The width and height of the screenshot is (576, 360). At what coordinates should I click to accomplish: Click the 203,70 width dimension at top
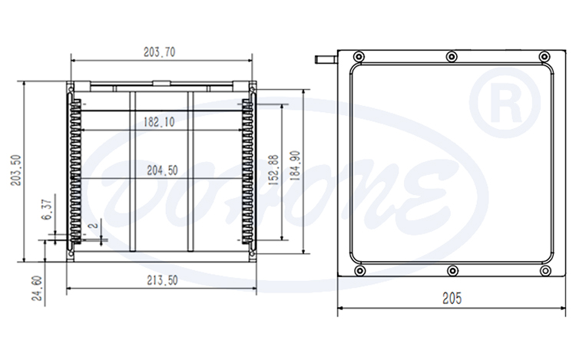(x=160, y=52)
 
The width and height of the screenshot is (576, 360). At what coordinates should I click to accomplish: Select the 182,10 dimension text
(x=159, y=121)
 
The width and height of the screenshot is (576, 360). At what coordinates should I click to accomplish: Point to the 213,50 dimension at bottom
(x=161, y=281)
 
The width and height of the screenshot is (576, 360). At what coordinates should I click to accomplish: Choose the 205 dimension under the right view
(x=452, y=299)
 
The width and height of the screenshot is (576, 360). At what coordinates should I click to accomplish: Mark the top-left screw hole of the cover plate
(x=358, y=57)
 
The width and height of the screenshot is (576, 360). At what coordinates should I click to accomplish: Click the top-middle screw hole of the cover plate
(x=452, y=57)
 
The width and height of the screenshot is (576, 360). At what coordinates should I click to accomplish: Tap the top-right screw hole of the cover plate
(x=545, y=57)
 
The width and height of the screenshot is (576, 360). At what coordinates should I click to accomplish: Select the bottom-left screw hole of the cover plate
(x=358, y=271)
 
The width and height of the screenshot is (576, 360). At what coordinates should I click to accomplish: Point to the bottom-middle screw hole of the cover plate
(x=452, y=271)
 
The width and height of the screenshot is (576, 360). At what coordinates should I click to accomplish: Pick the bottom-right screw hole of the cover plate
(x=545, y=271)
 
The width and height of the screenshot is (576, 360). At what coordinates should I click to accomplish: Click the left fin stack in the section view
(x=75, y=173)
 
